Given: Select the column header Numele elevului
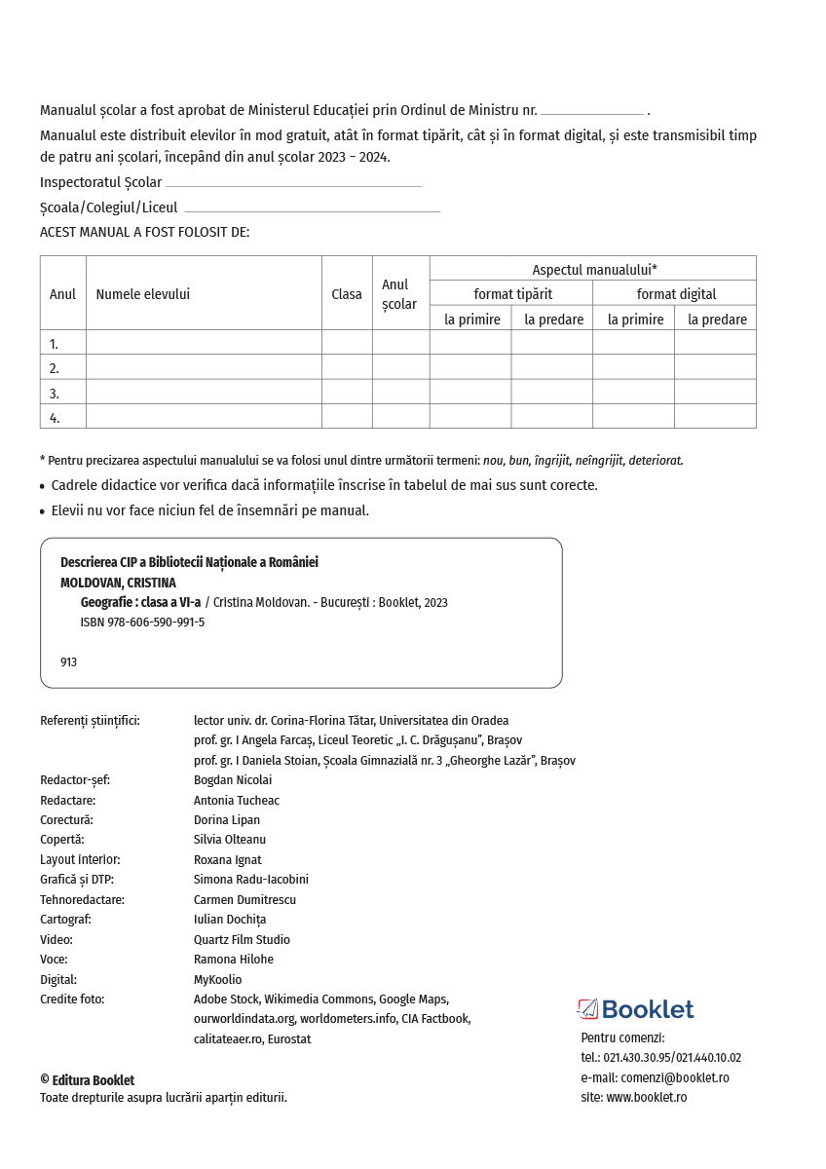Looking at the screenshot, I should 142,294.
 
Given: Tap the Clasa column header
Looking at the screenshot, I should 347,294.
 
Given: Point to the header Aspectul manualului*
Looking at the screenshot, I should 593,270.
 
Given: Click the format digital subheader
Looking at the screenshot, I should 676,294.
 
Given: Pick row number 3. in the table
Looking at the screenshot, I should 55,394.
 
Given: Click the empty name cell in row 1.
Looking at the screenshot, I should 204,343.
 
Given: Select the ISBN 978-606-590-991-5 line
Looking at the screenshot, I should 142,622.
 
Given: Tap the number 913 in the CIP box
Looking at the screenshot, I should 68,662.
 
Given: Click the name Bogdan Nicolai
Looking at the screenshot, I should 233,780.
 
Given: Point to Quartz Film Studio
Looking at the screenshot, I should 242,940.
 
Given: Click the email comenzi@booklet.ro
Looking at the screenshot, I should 675,1077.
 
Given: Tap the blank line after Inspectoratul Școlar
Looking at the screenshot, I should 293,184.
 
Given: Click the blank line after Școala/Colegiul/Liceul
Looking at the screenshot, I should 312,209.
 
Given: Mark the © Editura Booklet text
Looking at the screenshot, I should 88,1080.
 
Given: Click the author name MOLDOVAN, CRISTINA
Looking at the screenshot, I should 118,583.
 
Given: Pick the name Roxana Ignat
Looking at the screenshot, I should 227,860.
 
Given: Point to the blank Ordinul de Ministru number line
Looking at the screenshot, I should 591,112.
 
